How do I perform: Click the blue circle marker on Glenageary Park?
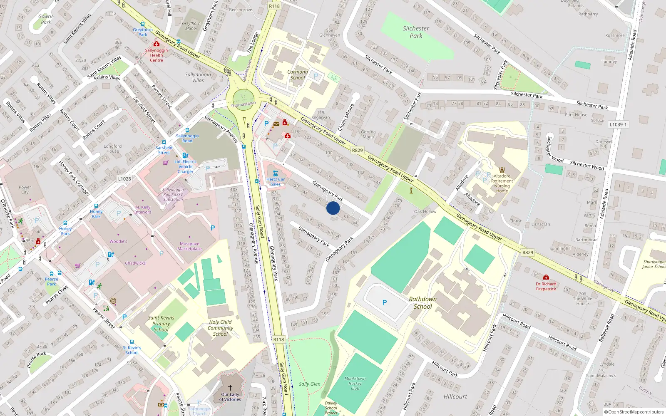tap(333, 208)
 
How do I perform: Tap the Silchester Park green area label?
tap(416, 32)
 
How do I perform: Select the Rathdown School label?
tap(423, 303)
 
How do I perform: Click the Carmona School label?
tap(298, 74)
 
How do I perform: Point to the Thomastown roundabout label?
tap(243, 104)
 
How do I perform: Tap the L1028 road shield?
tap(124, 179)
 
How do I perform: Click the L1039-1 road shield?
tap(618, 124)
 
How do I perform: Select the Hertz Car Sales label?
tap(276, 182)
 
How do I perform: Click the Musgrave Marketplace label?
tap(189, 246)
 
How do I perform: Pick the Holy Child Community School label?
tap(220, 328)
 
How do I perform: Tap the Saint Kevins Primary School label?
tap(161, 323)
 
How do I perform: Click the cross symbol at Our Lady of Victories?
tap(230, 387)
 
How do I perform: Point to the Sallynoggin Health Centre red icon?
tap(157, 44)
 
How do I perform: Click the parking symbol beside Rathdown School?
tap(385, 302)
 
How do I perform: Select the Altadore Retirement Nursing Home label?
tap(502, 183)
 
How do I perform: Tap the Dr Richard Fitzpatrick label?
tap(546, 287)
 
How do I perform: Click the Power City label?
tap(25, 190)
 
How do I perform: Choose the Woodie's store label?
tap(118, 241)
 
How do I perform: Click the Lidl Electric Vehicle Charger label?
tap(186, 166)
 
